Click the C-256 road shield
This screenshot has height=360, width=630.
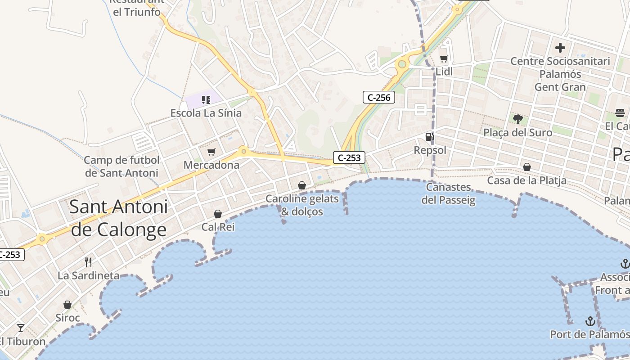pyautogui.click(x=379, y=97)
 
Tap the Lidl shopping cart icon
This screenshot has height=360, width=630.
pyautogui.click(x=444, y=58)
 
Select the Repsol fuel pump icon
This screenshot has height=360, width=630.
pyautogui.click(x=430, y=137)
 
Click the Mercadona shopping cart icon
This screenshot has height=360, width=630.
pyautogui.click(x=211, y=152)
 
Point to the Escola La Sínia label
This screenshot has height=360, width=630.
pyautogui.click(x=206, y=113)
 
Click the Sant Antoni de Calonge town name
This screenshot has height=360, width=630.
pyautogui.click(x=119, y=218)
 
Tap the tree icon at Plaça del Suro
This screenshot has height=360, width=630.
pyautogui.click(x=517, y=119)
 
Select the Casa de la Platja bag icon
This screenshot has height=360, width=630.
pyautogui.click(x=526, y=167)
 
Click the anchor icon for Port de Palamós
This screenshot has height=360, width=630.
pyautogui.click(x=590, y=321)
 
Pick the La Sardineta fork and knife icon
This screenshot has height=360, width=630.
pyautogui.click(x=88, y=262)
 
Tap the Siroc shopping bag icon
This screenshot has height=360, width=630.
pyautogui.click(x=67, y=305)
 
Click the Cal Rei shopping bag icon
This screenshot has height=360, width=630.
pyautogui.click(x=218, y=214)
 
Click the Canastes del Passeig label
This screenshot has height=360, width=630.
pyautogui.click(x=449, y=193)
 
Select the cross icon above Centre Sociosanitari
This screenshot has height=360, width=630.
pyautogui.click(x=560, y=47)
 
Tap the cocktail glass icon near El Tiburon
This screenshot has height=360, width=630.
pyautogui.click(x=21, y=328)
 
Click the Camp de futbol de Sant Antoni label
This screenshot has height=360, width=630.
pyautogui.click(x=121, y=166)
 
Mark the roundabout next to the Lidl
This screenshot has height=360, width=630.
pyautogui.click(x=402, y=65)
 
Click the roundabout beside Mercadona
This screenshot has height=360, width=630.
pyautogui.click(x=244, y=151)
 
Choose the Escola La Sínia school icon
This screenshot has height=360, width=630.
pyautogui.click(x=206, y=99)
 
